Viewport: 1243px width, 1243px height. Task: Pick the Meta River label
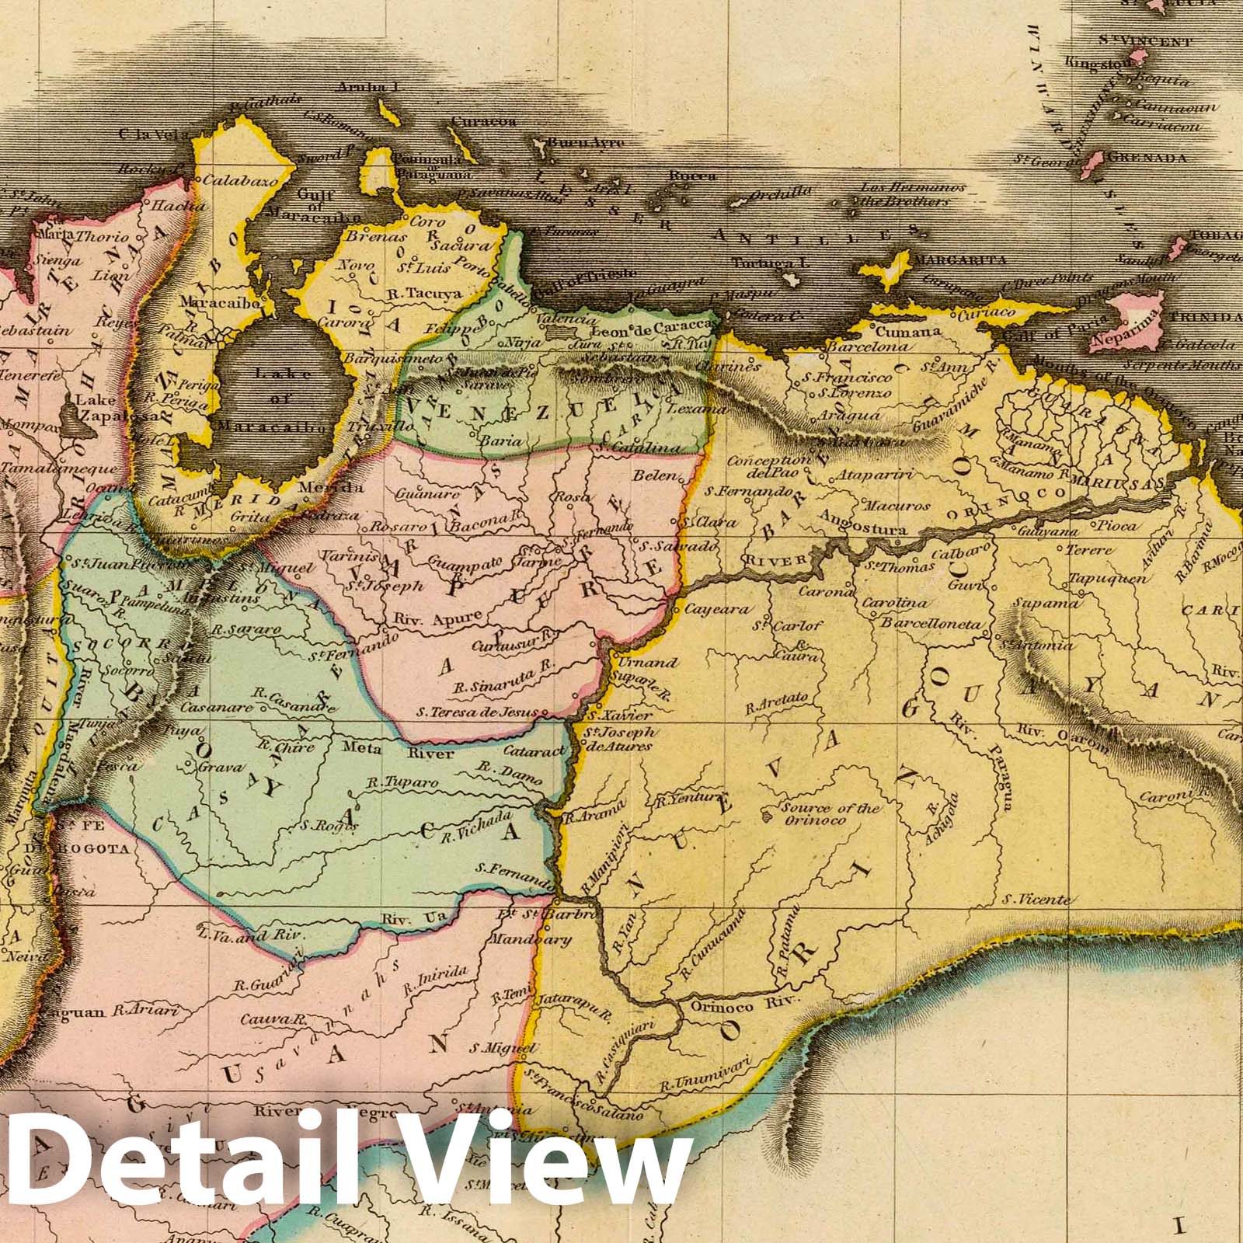click(x=381, y=750)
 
